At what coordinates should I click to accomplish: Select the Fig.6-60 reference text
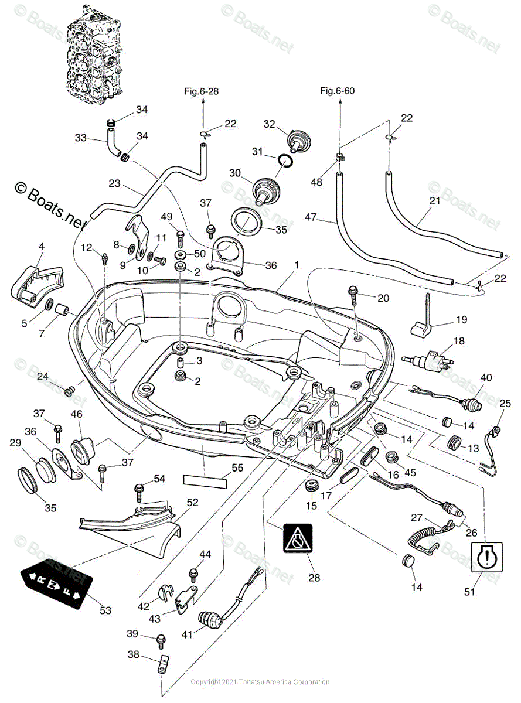(x=337, y=91)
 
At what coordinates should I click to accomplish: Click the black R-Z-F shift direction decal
(x=57, y=583)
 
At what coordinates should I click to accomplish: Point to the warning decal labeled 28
(x=298, y=538)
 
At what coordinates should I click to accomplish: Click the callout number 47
(x=310, y=218)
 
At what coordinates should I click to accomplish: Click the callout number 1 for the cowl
(x=297, y=265)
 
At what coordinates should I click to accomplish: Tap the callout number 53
(x=105, y=611)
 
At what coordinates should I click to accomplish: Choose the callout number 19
(x=461, y=320)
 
